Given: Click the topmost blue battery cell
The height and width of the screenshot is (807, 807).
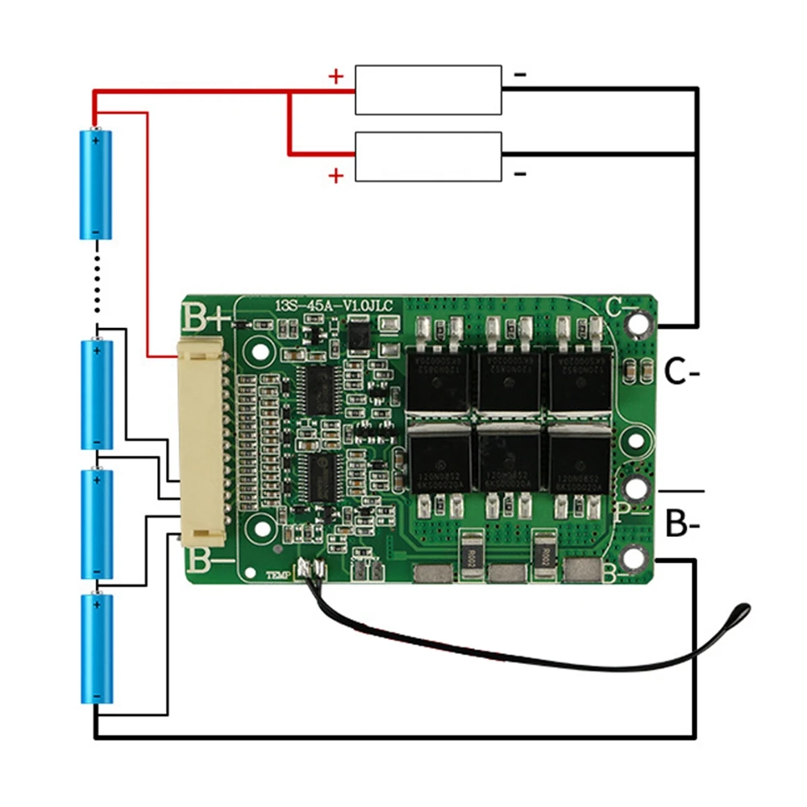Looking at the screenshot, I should (96, 184).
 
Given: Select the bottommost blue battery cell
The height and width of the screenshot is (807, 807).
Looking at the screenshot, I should (96, 648).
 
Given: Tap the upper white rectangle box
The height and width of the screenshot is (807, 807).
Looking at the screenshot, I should (429, 89).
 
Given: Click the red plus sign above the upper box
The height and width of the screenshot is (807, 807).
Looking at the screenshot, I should (336, 77).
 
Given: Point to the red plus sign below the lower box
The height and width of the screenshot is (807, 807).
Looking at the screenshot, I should (336, 175).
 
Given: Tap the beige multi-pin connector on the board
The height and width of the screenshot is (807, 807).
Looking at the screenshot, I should (202, 441).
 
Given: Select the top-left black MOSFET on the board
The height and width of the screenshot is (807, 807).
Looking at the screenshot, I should (438, 379).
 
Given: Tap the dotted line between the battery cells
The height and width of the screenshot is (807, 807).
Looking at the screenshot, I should (97, 281).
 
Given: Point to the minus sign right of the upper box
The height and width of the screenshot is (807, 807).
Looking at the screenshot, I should (521, 75).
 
